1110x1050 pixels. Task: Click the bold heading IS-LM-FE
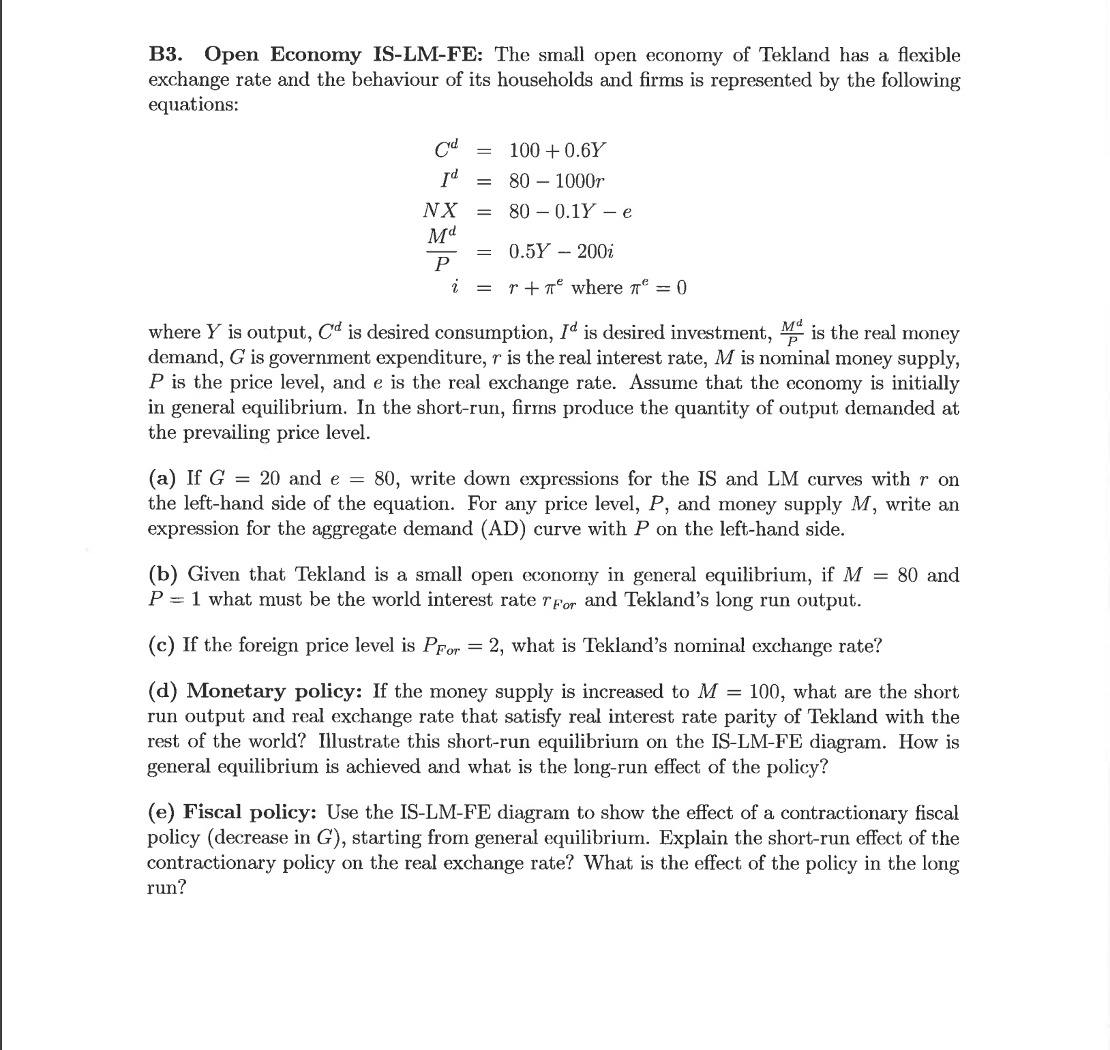tap(428, 55)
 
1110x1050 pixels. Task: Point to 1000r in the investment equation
tap(579, 181)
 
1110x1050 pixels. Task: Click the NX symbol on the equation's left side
tap(440, 211)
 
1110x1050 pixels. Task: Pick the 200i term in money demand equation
tap(595, 251)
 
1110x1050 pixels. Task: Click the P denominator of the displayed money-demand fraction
tap(442, 264)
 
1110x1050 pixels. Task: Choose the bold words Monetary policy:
tap(274, 692)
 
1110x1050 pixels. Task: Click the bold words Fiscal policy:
tap(250, 813)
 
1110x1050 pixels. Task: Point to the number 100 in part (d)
tap(767, 692)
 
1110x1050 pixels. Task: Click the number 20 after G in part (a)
tap(270, 479)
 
